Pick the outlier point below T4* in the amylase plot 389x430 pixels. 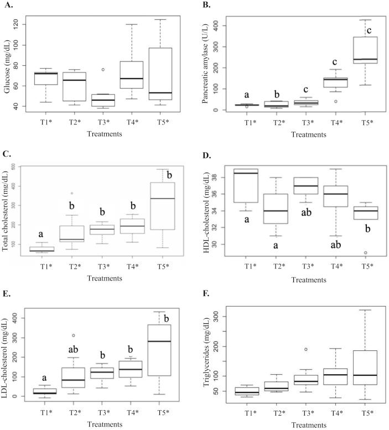click(x=321, y=101)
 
